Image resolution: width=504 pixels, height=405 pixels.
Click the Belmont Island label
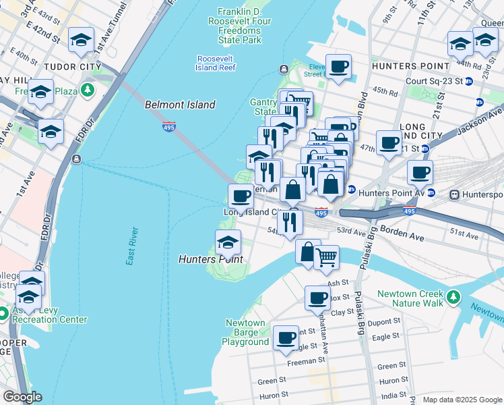(x=181, y=105)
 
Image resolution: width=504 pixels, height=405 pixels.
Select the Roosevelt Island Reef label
(x=216, y=63)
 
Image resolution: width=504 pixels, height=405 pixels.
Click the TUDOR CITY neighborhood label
(x=71, y=67)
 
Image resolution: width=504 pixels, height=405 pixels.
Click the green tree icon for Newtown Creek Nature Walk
(x=454, y=296)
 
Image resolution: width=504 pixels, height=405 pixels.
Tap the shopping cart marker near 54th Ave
(x=326, y=255)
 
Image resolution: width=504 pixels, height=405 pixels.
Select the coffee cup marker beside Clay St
(x=318, y=297)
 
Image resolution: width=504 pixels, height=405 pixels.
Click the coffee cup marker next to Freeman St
(x=286, y=335)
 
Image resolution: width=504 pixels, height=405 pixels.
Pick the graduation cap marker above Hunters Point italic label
(x=228, y=240)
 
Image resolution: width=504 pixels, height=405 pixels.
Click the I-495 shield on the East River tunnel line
(x=168, y=126)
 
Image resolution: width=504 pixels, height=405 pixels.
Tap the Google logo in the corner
(x=22, y=397)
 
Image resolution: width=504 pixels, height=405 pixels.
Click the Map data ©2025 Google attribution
(x=462, y=400)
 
